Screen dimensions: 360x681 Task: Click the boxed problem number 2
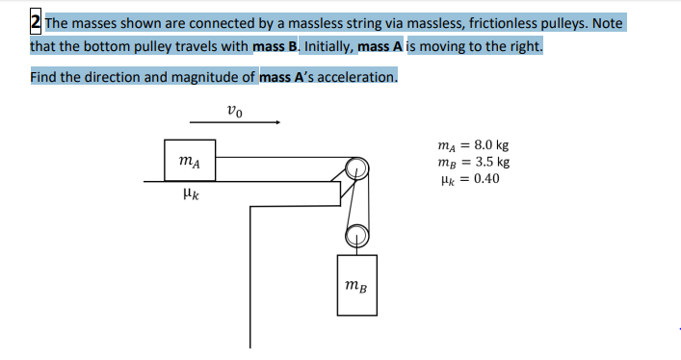(x=36, y=21)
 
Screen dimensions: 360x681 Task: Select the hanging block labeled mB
(x=356, y=284)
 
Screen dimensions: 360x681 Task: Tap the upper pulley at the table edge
(x=356, y=167)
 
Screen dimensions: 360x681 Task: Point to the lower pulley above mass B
(x=356, y=233)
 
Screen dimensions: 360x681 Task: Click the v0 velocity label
(x=236, y=110)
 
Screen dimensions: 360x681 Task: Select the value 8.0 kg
(x=487, y=147)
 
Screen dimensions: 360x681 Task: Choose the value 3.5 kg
(x=487, y=163)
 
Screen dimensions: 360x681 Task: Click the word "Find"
(x=42, y=77)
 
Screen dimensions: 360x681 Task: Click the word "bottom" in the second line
(x=106, y=46)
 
